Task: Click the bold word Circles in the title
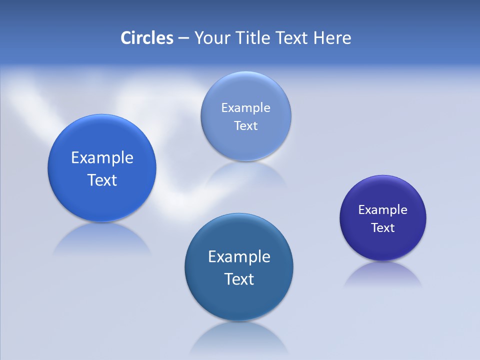coord(147,38)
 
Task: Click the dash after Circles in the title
coord(183,38)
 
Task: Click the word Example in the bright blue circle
coord(102,158)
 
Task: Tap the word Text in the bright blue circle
coord(102,180)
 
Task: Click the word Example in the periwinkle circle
coord(245,108)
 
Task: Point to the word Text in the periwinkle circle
coord(245,126)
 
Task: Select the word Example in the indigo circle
coord(383,210)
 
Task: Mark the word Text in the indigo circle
coord(383,228)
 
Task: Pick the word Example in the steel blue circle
coord(239,257)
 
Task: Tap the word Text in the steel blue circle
coord(239,279)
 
